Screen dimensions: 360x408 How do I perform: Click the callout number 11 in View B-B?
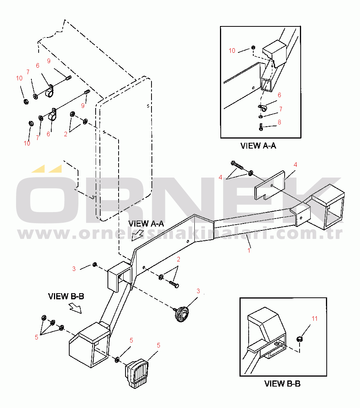[x=314, y=318]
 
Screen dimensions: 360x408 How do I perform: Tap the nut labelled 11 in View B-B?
[x=300, y=339]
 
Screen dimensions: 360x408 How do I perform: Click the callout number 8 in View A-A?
[x=279, y=122]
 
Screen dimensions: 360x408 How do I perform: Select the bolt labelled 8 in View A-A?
[x=261, y=127]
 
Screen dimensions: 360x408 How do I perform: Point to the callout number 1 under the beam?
[x=249, y=250]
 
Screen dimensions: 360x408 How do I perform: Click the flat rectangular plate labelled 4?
[x=270, y=185]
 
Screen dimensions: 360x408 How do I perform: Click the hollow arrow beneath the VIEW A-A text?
[x=137, y=235]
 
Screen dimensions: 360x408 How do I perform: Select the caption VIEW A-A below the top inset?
[x=258, y=146]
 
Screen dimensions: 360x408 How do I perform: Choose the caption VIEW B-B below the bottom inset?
[x=282, y=384]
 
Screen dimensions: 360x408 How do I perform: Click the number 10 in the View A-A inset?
[x=232, y=51]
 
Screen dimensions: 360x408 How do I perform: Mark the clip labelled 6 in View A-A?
[x=262, y=107]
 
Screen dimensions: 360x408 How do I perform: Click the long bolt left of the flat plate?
[x=237, y=165]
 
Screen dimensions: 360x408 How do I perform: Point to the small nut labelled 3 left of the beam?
[x=94, y=264]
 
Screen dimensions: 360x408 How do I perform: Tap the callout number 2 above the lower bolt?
[x=178, y=259]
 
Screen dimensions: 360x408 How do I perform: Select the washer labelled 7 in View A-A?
[x=261, y=117]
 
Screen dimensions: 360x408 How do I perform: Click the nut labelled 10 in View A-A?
[x=253, y=47]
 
